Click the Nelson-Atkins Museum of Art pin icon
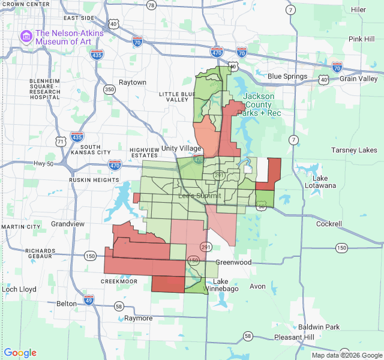point(26,37)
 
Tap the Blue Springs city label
point(287,76)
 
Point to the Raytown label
point(133,82)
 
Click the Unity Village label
point(181,148)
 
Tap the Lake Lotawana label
point(324,182)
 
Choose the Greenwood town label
point(233,262)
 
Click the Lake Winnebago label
point(221,286)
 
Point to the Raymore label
point(138,318)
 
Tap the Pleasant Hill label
point(293,337)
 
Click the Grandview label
point(68,223)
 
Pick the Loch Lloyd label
point(19,289)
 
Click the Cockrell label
point(329,224)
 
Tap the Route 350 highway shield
point(109,90)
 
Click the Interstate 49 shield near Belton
point(89,300)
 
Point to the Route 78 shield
point(151,5)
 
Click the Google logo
point(20,353)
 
